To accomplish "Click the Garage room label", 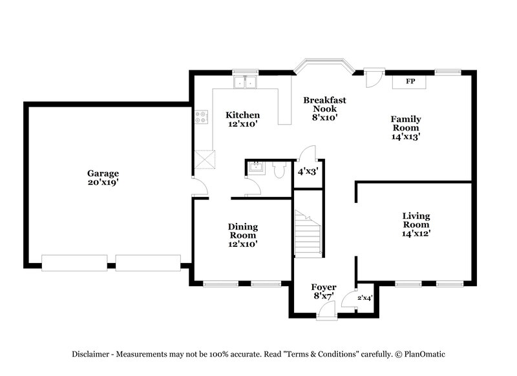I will tap(103, 178).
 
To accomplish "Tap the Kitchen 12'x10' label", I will tap(242, 120).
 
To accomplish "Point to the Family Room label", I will tap(406, 127).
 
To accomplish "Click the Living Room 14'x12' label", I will tap(416, 224).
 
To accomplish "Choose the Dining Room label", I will tap(242, 235).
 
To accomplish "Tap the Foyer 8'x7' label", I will tap(323, 292).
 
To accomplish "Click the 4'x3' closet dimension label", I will tap(308, 172).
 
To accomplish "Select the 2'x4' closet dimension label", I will tap(365, 298).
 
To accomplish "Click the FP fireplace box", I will tap(410, 81).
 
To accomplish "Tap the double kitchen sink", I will tap(246, 82).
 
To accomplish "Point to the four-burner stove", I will tap(202, 117).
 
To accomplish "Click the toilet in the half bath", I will tap(280, 170).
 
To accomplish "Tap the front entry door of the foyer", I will tap(327, 311).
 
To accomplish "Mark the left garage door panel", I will tap(74, 263).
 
